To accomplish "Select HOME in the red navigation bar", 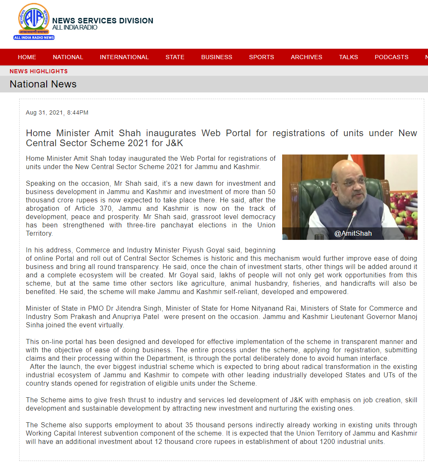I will [x=27, y=57].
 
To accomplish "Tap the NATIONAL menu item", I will [x=68, y=57].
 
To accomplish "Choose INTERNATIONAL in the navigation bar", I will [x=124, y=57].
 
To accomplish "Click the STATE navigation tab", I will [x=175, y=57].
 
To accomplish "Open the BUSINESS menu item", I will [x=217, y=57].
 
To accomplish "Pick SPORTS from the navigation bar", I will [x=262, y=57].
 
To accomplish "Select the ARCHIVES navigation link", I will [x=307, y=57].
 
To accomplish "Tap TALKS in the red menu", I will [x=348, y=57].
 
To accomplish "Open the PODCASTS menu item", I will [x=391, y=57].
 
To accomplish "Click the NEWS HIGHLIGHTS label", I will [x=38, y=71].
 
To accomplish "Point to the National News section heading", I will [x=43, y=84].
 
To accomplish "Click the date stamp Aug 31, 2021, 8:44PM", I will [x=57, y=112].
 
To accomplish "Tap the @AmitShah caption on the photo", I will [x=353, y=234].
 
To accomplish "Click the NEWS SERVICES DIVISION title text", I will [x=103, y=21].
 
